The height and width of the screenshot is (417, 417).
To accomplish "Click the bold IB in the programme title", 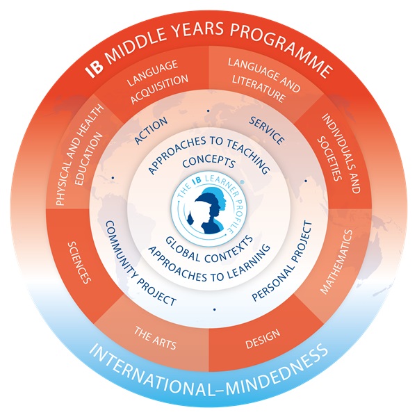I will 95,69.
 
